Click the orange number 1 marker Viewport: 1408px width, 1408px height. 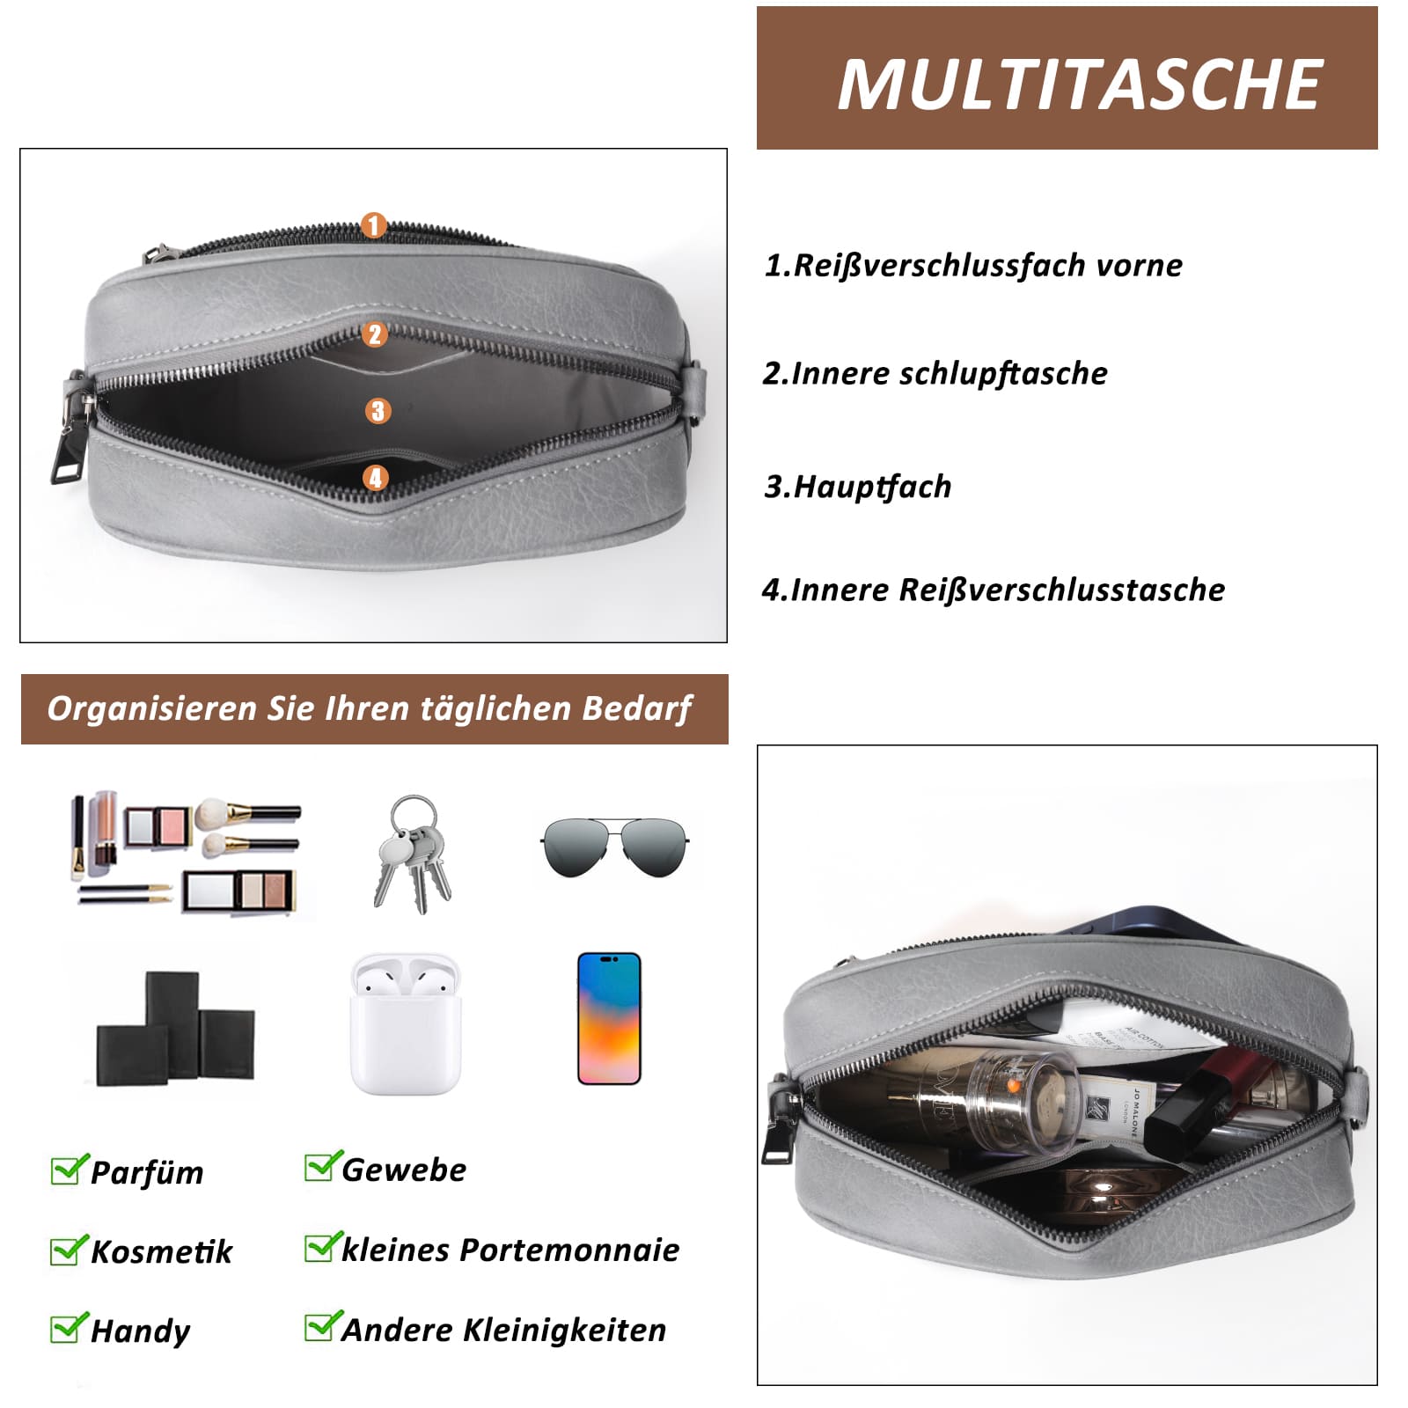373,225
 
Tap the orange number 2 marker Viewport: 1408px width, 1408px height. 375,334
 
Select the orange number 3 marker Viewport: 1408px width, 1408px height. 378,410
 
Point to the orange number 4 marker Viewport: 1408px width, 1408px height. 376,478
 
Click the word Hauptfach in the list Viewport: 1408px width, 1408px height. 872,487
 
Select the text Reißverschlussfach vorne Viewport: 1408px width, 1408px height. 987,265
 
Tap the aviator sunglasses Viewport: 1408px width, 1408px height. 614,847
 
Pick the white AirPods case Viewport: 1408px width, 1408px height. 406,1024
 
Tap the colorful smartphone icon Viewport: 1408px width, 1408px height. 609,1018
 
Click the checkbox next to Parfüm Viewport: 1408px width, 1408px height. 68,1170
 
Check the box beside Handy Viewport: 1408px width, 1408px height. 68,1329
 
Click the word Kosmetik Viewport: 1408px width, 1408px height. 162,1251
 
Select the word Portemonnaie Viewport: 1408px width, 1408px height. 569,1250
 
